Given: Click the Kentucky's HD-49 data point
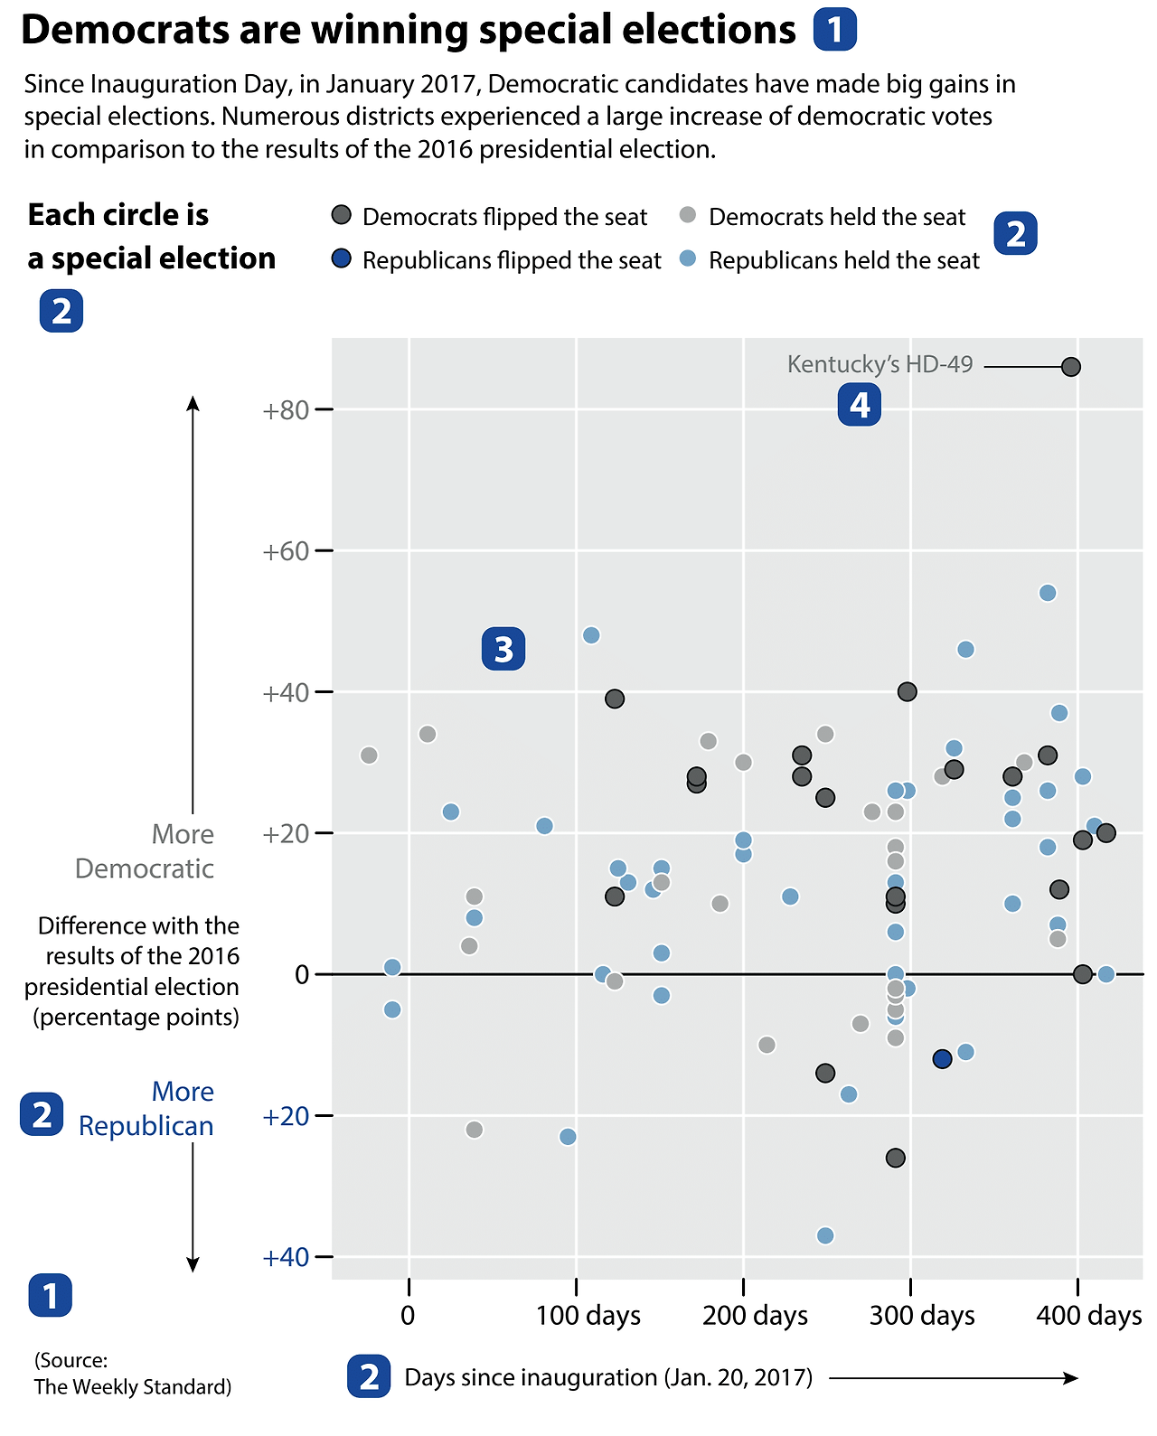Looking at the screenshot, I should pyautogui.click(x=1071, y=367).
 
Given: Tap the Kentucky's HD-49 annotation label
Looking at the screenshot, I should pyautogui.click(x=880, y=364).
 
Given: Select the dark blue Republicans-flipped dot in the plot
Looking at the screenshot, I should pyautogui.click(x=942, y=1059).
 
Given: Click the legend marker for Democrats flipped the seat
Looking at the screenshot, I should pyautogui.click(x=341, y=215).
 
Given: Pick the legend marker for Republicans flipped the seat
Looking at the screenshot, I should pyautogui.click(x=341, y=259).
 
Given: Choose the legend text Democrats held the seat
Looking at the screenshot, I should pyautogui.click(x=837, y=217).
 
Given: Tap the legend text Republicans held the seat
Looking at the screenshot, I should pyautogui.click(x=843, y=260).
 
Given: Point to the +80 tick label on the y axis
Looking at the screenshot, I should pyautogui.click(x=286, y=410).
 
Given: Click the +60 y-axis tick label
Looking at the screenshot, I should pyautogui.click(x=286, y=550).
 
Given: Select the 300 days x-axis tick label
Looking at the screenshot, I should pyautogui.click(x=922, y=1315).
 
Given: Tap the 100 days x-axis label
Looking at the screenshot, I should pyautogui.click(x=588, y=1315).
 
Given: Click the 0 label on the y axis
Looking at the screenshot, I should pyautogui.click(x=302, y=974).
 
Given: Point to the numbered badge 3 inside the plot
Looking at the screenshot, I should pyautogui.click(x=503, y=649).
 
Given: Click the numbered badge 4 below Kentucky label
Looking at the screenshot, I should pyautogui.click(x=859, y=404).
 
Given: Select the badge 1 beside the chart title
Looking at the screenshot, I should pyautogui.click(x=834, y=30).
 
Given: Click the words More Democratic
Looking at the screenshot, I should pyautogui.click(x=145, y=851).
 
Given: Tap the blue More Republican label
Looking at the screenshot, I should pyautogui.click(x=146, y=1108).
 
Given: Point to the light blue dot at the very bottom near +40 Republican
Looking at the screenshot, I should pyautogui.click(x=825, y=1235).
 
